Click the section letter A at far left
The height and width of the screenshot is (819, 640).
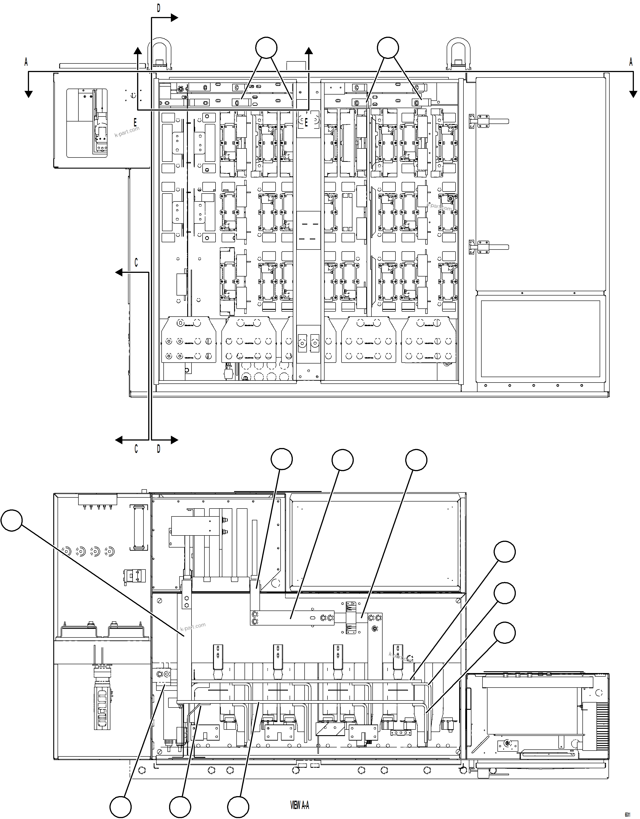pos(26,62)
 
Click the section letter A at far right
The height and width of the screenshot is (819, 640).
pos(631,62)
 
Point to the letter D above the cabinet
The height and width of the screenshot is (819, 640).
pos(159,8)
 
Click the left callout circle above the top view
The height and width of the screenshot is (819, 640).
pos(266,48)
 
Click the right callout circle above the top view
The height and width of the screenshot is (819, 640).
pos(388,48)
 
